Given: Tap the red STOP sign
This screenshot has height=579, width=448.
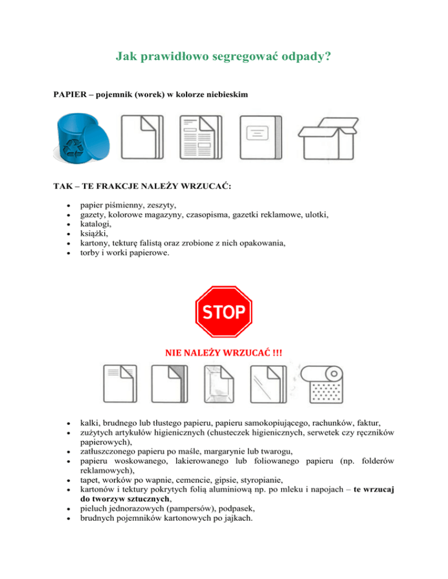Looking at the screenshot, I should pyautogui.click(x=224, y=313).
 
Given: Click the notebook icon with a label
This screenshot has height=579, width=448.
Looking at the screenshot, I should pyautogui.click(x=260, y=139).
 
